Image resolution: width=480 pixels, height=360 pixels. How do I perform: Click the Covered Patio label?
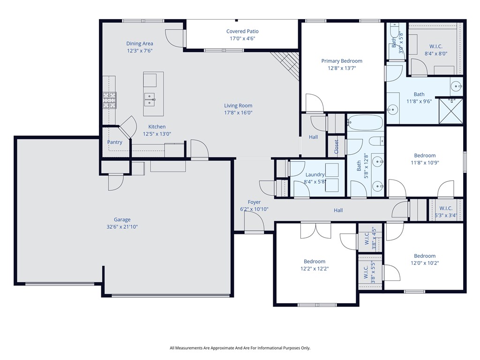pyautogui.click(x=242, y=31)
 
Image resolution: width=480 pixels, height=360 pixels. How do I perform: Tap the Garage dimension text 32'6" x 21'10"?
pyautogui.click(x=122, y=227)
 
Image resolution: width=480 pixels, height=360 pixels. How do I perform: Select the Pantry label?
pyautogui.click(x=114, y=142)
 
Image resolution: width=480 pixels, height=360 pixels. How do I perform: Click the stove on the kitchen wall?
pyautogui.click(x=110, y=99)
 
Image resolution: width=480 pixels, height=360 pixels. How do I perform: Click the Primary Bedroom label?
pyautogui.click(x=341, y=61)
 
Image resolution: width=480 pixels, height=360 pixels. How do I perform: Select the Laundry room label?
pyautogui.click(x=315, y=174)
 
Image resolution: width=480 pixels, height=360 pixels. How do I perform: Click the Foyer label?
pyautogui.click(x=254, y=202)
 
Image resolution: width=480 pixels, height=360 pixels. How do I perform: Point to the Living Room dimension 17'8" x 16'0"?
pyautogui.click(x=238, y=112)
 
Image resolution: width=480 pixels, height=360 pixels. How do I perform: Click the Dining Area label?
pyautogui.click(x=140, y=44)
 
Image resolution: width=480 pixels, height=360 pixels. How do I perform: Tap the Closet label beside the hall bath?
pyautogui.click(x=336, y=146)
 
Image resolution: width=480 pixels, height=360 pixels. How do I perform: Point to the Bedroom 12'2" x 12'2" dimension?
pyautogui.click(x=314, y=269)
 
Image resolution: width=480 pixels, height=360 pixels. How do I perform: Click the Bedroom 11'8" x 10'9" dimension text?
pyautogui.click(x=425, y=163)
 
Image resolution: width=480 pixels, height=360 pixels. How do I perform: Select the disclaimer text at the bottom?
pyautogui.click(x=240, y=348)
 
